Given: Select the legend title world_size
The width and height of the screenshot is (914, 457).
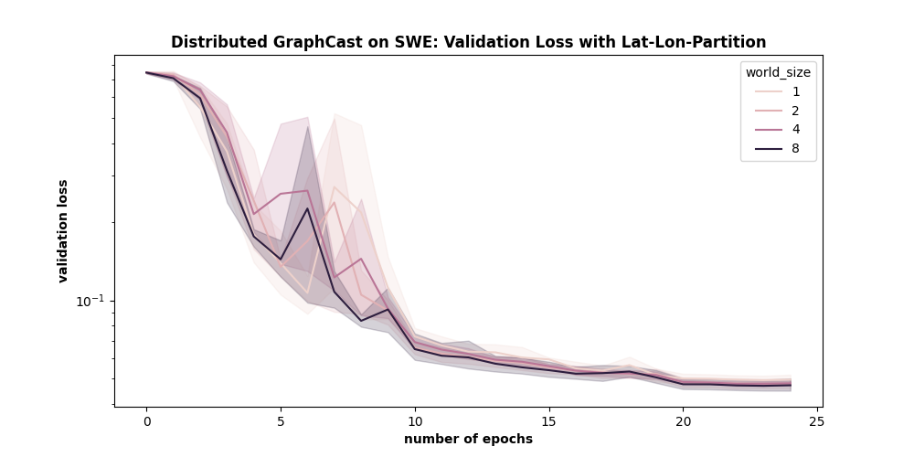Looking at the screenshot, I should tap(778, 72).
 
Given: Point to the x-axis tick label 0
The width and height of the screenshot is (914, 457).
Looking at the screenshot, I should tap(146, 421).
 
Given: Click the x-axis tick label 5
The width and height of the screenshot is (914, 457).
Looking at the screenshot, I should tap(281, 421).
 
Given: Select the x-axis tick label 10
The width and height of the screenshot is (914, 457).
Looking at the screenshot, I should tap(415, 421).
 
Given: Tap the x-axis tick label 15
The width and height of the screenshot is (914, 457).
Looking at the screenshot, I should tap(548, 421).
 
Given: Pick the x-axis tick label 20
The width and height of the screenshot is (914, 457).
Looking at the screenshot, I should tap(683, 421).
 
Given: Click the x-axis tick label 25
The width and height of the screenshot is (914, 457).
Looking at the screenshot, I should tap(817, 421).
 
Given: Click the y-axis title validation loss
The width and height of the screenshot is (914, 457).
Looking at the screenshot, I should tap(63, 230).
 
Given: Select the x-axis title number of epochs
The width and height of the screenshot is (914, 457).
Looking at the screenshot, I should tap(468, 439).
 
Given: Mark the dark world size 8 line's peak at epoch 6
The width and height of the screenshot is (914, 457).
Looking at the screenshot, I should tap(308, 208).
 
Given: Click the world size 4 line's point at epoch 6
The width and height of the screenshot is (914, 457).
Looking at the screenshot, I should tap(308, 191).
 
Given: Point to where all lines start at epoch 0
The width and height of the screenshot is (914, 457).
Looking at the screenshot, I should tap(146, 72).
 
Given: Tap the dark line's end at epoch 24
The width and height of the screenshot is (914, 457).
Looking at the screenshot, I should tap(791, 385).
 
